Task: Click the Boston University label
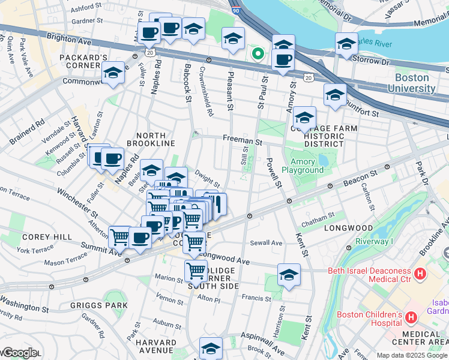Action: click(x=412, y=83)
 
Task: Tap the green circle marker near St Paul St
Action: click(x=258, y=55)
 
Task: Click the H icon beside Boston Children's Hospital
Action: click(x=412, y=316)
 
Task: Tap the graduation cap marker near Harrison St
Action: click(x=289, y=275)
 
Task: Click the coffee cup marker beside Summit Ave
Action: click(x=140, y=238)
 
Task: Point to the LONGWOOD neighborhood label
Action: click(x=348, y=229)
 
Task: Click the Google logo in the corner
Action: click(x=19, y=353)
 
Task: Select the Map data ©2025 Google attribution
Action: click(x=412, y=355)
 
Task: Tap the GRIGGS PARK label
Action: click(x=106, y=305)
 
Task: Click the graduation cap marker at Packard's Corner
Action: click(x=113, y=72)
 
